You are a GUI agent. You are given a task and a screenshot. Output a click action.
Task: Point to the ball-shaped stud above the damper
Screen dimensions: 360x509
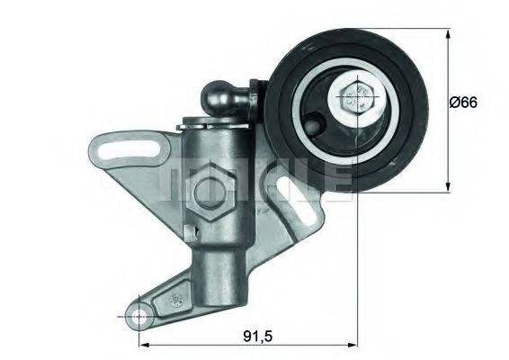coord(221,94)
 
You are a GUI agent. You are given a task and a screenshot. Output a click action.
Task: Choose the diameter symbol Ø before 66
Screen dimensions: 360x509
coord(454,103)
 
